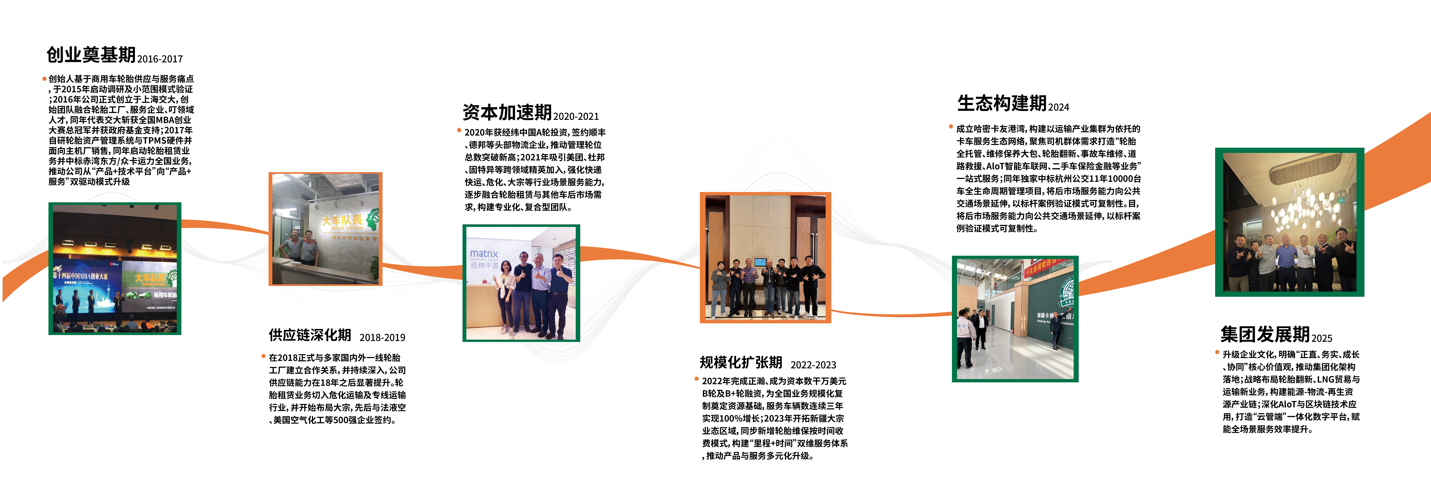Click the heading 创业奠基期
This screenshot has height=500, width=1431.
[91, 54]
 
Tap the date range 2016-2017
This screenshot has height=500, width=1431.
[160, 59]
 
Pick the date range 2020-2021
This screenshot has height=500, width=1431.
[576, 117]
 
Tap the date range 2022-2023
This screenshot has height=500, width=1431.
[813, 365]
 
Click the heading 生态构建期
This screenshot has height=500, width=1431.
[1002, 103]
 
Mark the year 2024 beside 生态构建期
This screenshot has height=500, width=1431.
[1059, 107]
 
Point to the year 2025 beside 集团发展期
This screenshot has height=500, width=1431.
[1322, 338]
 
